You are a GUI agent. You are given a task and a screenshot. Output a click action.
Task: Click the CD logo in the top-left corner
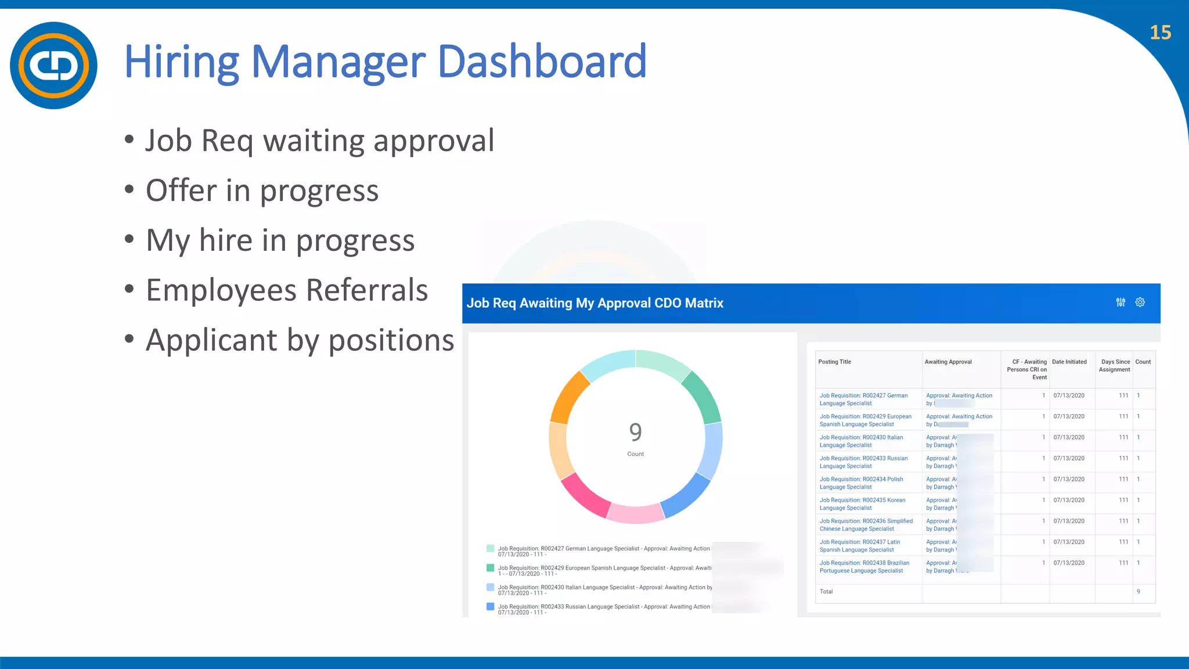click(x=53, y=65)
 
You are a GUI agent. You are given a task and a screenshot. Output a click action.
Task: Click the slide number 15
click(x=1160, y=33)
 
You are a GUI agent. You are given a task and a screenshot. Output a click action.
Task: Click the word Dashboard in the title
click(x=541, y=62)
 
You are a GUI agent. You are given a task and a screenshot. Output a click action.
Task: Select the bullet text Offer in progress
click(x=262, y=190)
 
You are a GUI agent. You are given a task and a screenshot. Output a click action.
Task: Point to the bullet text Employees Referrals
click(x=287, y=290)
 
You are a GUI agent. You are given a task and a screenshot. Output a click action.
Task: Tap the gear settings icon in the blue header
click(x=1140, y=303)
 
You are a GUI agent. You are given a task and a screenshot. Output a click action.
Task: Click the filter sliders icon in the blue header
click(x=1120, y=303)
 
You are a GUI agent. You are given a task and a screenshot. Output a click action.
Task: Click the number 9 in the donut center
click(x=635, y=432)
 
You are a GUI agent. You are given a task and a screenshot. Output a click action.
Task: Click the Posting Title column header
click(x=834, y=362)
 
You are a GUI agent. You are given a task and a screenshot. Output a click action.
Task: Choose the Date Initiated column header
click(x=1069, y=362)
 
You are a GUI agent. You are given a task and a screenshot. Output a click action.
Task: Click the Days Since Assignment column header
click(x=1115, y=365)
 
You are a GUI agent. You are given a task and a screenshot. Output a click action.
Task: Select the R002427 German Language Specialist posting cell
click(x=863, y=399)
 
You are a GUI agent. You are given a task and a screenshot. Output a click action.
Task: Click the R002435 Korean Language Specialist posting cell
click(x=862, y=503)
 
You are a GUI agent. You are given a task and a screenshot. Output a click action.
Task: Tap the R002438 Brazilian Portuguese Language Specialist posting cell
click(x=864, y=566)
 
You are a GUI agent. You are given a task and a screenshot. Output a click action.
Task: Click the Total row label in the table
click(x=826, y=591)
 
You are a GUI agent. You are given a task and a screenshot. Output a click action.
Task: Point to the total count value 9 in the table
click(x=1138, y=591)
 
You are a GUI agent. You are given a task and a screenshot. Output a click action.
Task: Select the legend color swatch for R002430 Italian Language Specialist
click(x=491, y=587)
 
